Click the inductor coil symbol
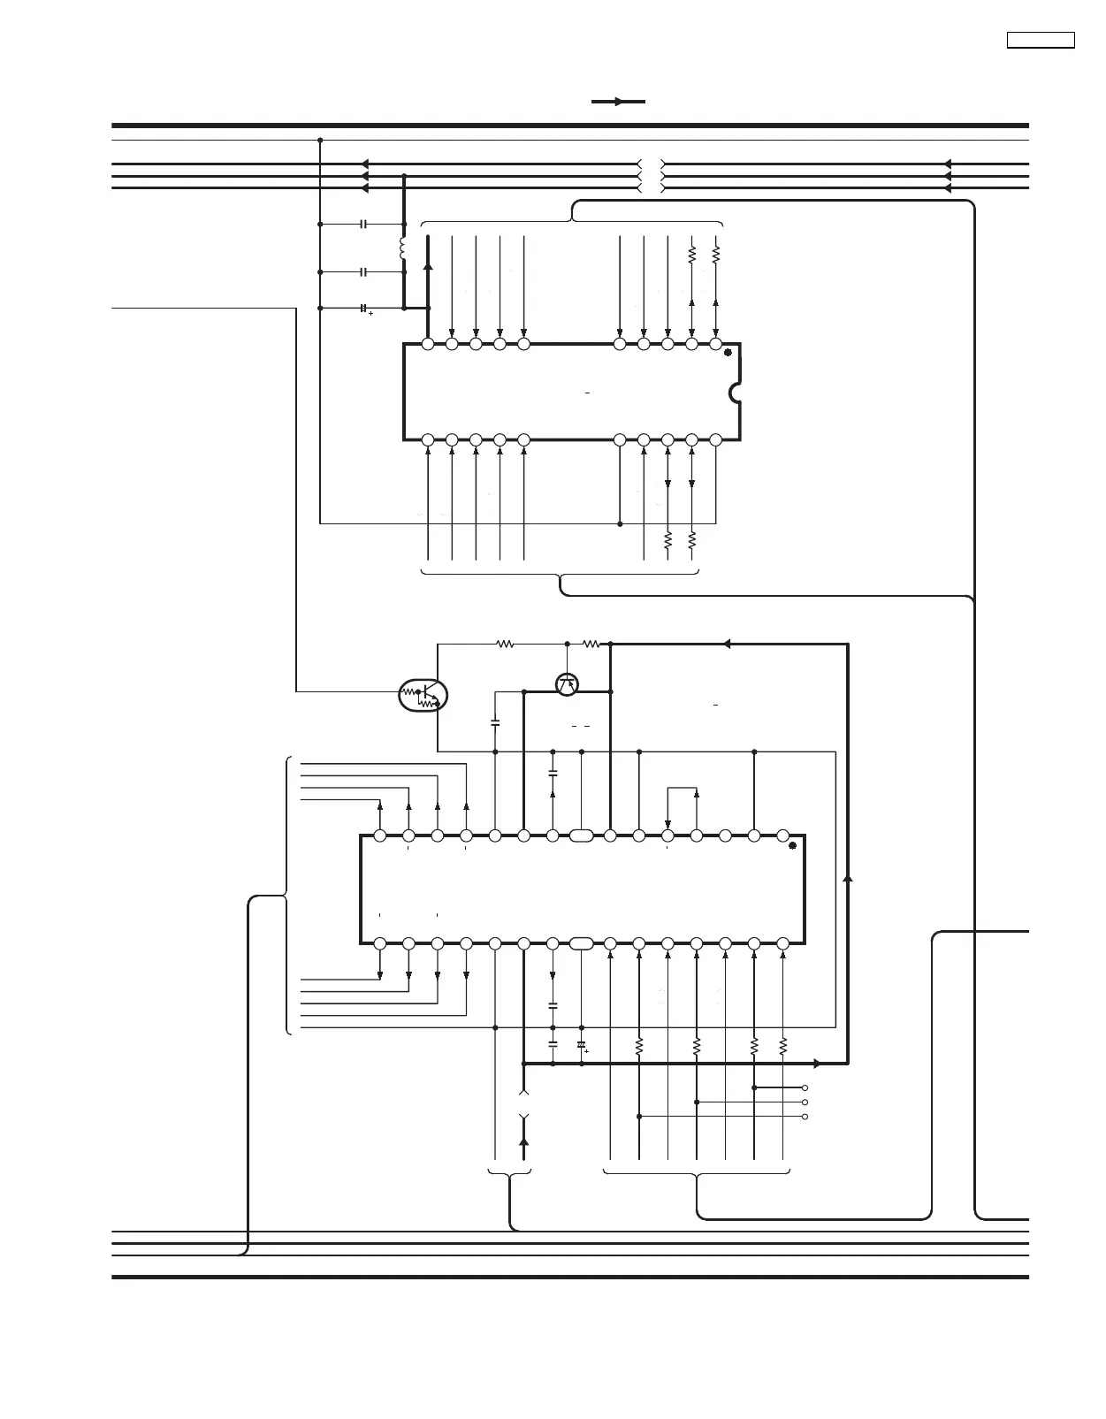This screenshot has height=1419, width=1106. coord(403,248)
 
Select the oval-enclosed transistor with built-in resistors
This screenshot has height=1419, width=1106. coord(423,696)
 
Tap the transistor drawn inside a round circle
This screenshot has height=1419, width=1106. coord(567,683)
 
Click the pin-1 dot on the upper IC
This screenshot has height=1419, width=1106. coord(728,353)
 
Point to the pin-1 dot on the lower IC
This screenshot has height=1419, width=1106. coord(792,846)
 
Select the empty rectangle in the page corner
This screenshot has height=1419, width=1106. coord(1041,40)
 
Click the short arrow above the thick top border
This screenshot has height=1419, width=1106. coord(618,102)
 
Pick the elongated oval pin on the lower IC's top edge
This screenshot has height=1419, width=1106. coord(581,835)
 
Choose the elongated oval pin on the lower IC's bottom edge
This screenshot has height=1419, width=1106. coord(581,944)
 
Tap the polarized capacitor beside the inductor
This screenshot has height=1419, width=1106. coord(363,309)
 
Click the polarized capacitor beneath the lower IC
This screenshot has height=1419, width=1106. coord(581,1046)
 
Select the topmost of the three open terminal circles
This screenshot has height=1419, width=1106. coord(805,1087)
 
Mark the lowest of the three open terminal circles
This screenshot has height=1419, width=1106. coord(805,1117)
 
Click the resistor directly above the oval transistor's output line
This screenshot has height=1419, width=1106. coord(505,645)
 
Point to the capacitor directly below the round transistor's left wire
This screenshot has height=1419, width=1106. coord(495,723)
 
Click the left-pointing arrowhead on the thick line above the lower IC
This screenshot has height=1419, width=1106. coord(726,645)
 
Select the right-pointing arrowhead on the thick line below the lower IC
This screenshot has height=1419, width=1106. coord(817,1064)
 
